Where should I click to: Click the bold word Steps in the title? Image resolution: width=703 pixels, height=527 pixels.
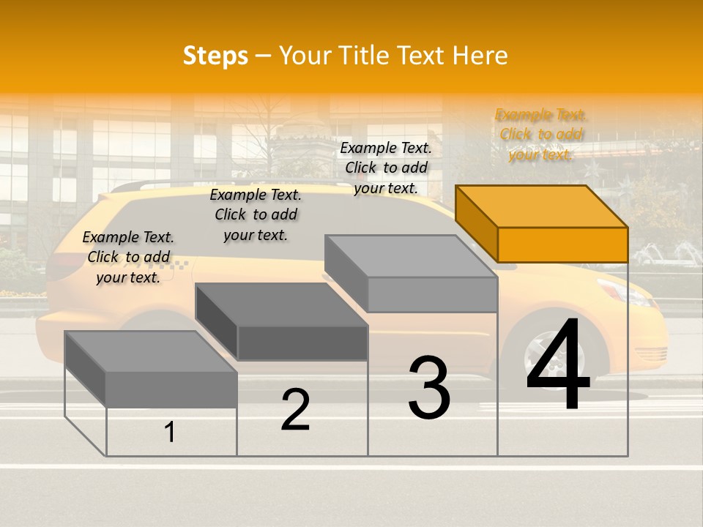click(x=215, y=56)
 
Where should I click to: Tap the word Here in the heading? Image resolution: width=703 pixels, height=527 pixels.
click(x=480, y=56)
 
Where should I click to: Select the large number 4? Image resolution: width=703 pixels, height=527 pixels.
click(x=558, y=367)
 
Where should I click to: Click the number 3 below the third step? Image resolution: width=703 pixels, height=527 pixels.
click(x=429, y=389)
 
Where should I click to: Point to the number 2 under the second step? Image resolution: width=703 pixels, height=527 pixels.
click(x=295, y=411)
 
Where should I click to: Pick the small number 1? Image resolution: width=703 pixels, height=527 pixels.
click(x=170, y=433)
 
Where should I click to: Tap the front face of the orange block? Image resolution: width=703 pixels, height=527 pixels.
click(x=562, y=244)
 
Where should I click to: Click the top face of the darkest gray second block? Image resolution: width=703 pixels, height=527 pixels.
click(x=282, y=304)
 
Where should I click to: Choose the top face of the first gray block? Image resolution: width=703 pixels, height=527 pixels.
click(x=151, y=352)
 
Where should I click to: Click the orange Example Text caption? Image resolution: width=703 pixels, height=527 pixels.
click(x=541, y=135)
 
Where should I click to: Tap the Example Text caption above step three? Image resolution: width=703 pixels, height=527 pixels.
click(x=386, y=168)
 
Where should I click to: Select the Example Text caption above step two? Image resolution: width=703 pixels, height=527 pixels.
click(x=256, y=215)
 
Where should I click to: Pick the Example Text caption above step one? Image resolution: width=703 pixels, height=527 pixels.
click(x=128, y=258)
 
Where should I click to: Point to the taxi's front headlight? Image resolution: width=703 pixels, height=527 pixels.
click(x=622, y=291)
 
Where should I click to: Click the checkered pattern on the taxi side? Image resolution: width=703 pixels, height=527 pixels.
click(x=178, y=266)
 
